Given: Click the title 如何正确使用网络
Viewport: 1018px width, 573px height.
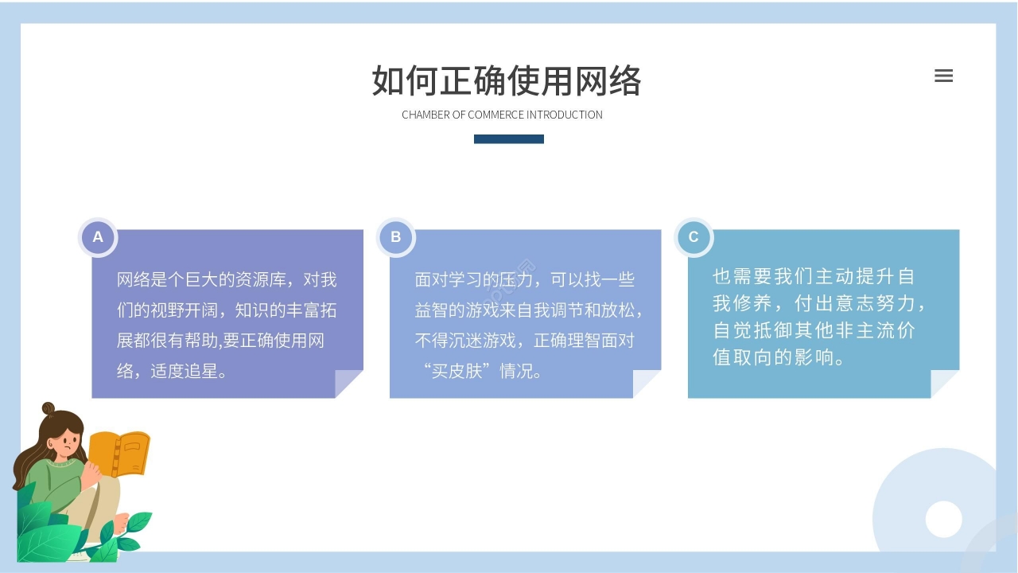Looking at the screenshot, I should [507, 80].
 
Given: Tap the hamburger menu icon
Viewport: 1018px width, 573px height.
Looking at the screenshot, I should [943, 76].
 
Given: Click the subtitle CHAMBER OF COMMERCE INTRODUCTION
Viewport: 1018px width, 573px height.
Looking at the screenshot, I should [502, 115].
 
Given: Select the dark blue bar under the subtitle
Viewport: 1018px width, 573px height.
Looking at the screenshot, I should [509, 139].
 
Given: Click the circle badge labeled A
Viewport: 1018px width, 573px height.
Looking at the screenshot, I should [98, 237].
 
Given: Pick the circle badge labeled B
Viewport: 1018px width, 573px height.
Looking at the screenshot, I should [395, 237].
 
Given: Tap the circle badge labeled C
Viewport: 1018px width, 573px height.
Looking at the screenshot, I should [694, 237].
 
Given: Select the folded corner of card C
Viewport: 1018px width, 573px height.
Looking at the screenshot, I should [943, 383].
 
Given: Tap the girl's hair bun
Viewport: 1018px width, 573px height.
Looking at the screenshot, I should [49, 409].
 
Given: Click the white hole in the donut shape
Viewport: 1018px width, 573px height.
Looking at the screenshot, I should [944, 519].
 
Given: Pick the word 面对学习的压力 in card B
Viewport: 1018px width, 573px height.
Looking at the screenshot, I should [468, 280].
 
